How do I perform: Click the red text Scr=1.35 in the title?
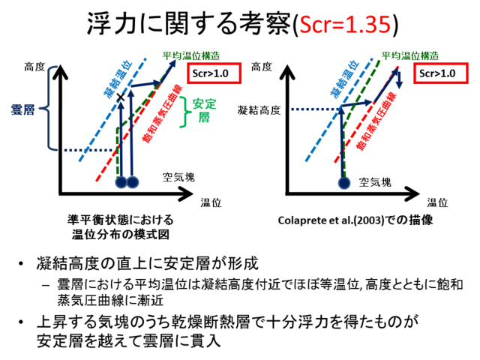pyautogui.click(x=345, y=25)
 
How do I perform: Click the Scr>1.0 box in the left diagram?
pyautogui.click(x=214, y=73)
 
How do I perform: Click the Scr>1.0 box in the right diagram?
pyautogui.click(x=441, y=73)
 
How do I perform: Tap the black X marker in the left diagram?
pyautogui.click(x=121, y=97)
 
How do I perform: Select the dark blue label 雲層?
pyautogui.click(x=22, y=109)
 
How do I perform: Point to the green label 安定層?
pyautogui.click(x=204, y=110)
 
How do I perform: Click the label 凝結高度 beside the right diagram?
pyautogui.click(x=259, y=110)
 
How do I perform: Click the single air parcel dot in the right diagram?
pyautogui.click(x=344, y=183)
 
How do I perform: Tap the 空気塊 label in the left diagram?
pyautogui.click(x=178, y=177)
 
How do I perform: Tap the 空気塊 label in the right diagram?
pyautogui.click(x=375, y=182)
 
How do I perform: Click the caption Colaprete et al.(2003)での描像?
pyautogui.click(x=355, y=220)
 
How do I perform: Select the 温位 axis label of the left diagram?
pyautogui.click(x=211, y=202)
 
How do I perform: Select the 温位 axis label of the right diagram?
pyautogui.click(x=437, y=202)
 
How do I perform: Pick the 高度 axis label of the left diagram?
pyautogui.click(x=34, y=67)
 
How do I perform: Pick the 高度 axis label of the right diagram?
pyautogui.click(x=262, y=67)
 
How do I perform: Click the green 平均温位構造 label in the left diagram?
pyautogui.click(x=191, y=56)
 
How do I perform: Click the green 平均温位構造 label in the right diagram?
pyautogui.click(x=410, y=56)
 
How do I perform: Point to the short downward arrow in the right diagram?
pyautogui.click(x=399, y=80)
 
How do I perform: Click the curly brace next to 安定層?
pyautogui.click(x=184, y=112)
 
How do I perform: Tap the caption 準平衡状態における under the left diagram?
pyautogui.click(x=120, y=220)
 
